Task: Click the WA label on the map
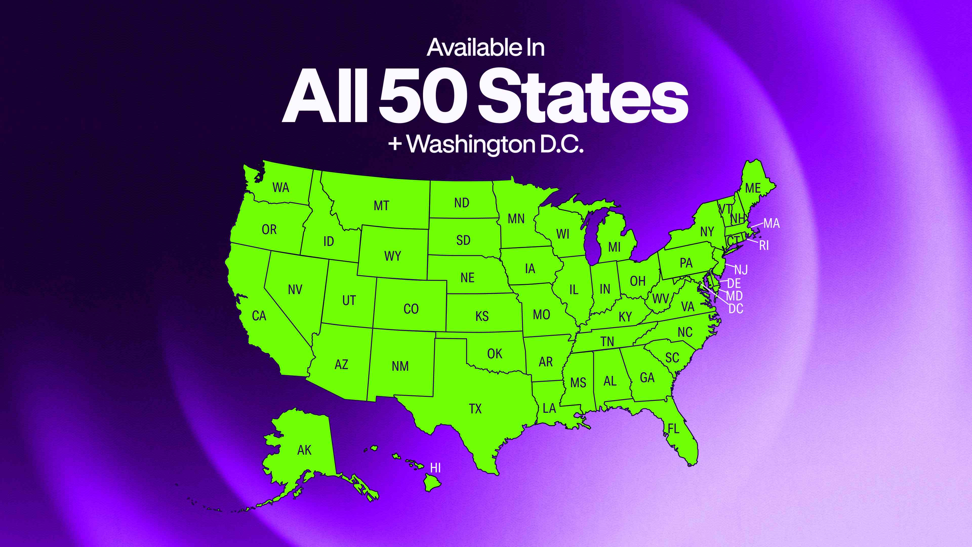click(x=281, y=188)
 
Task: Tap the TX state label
click(x=475, y=409)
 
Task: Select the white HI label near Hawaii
click(x=435, y=468)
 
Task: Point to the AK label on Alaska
click(x=304, y=450)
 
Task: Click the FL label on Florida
click(x=674, y=429)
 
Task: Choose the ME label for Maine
click(x=753, y=188)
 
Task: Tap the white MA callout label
click(x=772, y=223)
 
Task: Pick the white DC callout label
click(x=736, y=309)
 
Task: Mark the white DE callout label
click(x=734, y=283)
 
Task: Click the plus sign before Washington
click(x=395, y=144)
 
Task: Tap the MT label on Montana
click(x=381, y=206)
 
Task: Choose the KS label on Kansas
click(x=482, y=316)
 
